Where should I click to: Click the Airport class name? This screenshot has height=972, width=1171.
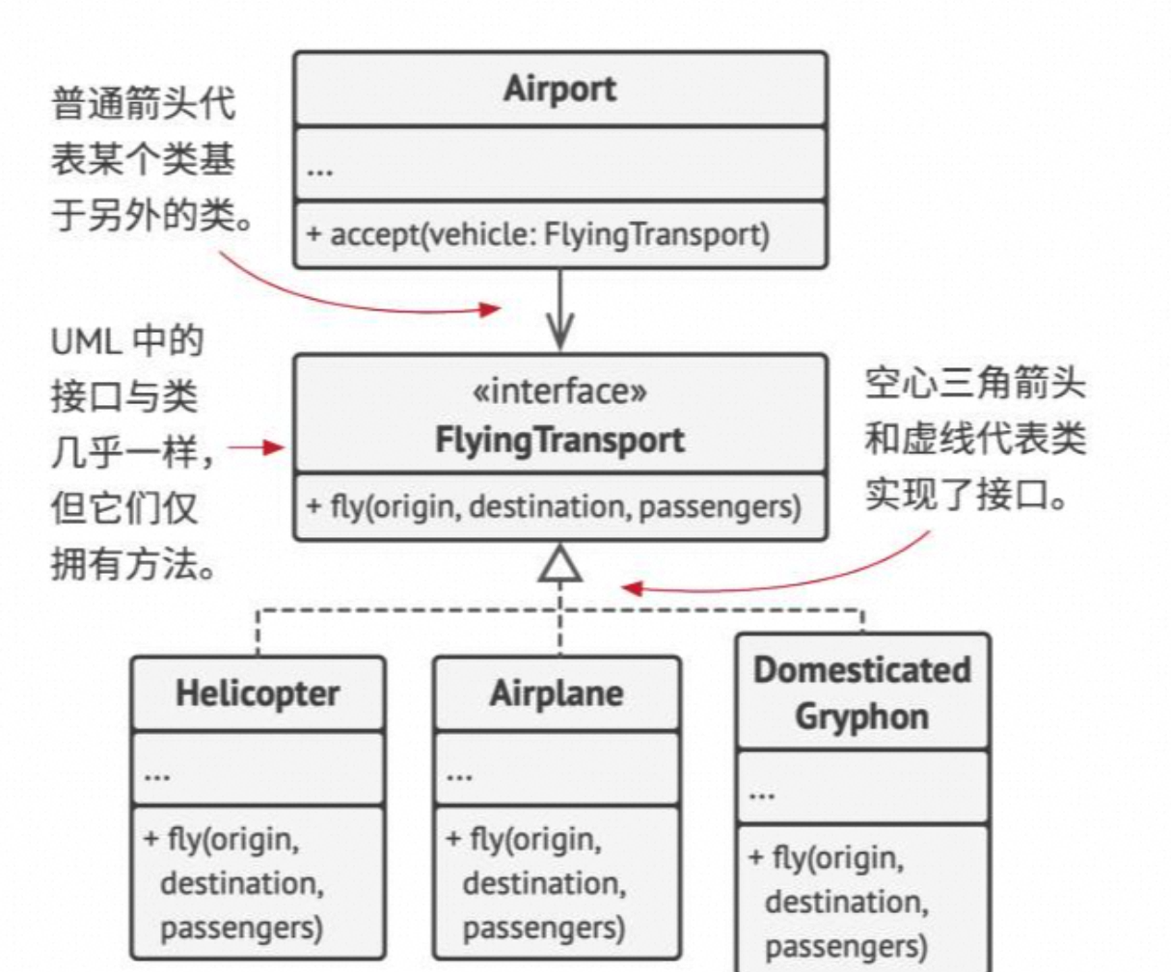tap(559, 89)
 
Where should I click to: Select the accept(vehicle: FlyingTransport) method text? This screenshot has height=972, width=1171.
tap(538, 234)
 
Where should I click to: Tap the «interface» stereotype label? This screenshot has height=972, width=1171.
tap(559, 391)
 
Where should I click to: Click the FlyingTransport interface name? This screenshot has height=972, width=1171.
tap(559, 440)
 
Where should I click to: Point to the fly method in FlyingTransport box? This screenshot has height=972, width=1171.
tap(554, 506)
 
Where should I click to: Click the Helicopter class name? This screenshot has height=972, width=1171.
tap(258, 693)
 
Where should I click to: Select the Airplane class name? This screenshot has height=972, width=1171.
tap(557, 693)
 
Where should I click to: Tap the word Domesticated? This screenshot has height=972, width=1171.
tap(861, 670)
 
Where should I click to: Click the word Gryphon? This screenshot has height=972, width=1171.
tap(861, 716)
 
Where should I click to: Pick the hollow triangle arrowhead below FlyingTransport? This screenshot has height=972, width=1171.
tap(560, 565)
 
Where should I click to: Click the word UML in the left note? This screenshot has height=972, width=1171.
tap(86, 341)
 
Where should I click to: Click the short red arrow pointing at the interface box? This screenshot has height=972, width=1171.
tap(257, 446)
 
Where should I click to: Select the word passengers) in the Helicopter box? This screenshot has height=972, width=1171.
tap(241, 929)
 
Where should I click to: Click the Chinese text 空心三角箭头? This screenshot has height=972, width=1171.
tap(974, 384)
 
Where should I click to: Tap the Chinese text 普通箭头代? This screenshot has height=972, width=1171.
tap(143, 102)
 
